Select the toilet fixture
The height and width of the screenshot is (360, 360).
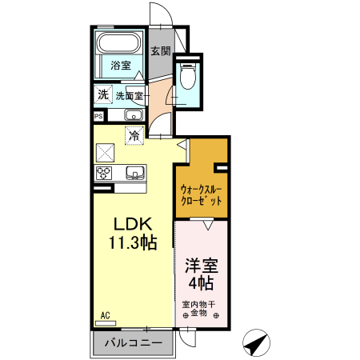188,77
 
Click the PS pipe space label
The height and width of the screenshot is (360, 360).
98,116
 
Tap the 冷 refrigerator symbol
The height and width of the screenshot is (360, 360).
135,135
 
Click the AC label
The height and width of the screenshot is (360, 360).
105,317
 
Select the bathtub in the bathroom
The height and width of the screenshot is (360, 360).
120,45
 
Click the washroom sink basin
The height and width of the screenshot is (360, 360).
133,117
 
